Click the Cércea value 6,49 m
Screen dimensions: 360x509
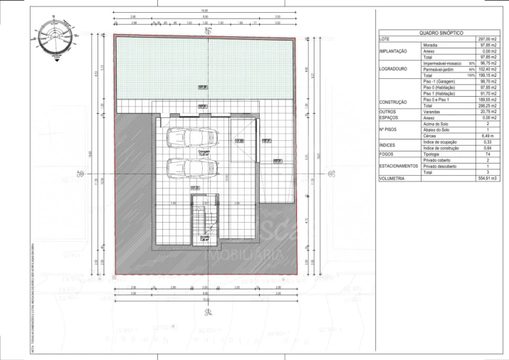coord(488,136)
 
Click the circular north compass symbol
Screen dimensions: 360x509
coord(54,36)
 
